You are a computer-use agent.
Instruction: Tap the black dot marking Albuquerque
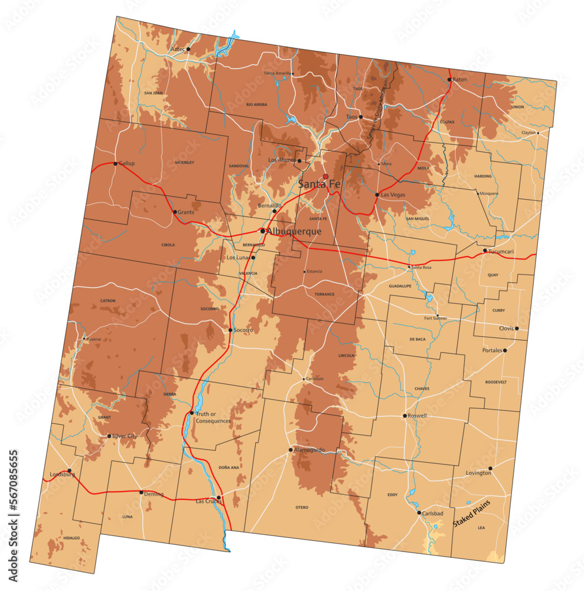pos(263,231)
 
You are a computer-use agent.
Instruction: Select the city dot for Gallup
pos(115,164)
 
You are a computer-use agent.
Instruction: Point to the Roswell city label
pos(417,415)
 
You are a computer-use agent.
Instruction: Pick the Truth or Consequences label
pos(213,417)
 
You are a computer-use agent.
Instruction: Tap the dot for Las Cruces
pos(219,498)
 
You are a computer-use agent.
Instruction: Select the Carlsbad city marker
pos(419,513)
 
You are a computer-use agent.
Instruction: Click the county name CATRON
pos(107,301)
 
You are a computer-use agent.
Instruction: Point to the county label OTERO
pos(302,507)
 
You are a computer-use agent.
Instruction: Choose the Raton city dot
pos(449,79)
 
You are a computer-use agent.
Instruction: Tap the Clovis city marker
pos(517,329)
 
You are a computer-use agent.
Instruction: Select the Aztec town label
pos(178,49)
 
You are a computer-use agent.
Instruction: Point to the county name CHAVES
pos(422,388)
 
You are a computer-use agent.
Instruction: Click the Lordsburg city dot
pos(69,471)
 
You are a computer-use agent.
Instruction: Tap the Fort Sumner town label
pos(436,318)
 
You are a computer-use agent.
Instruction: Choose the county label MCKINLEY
pos(185,163)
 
